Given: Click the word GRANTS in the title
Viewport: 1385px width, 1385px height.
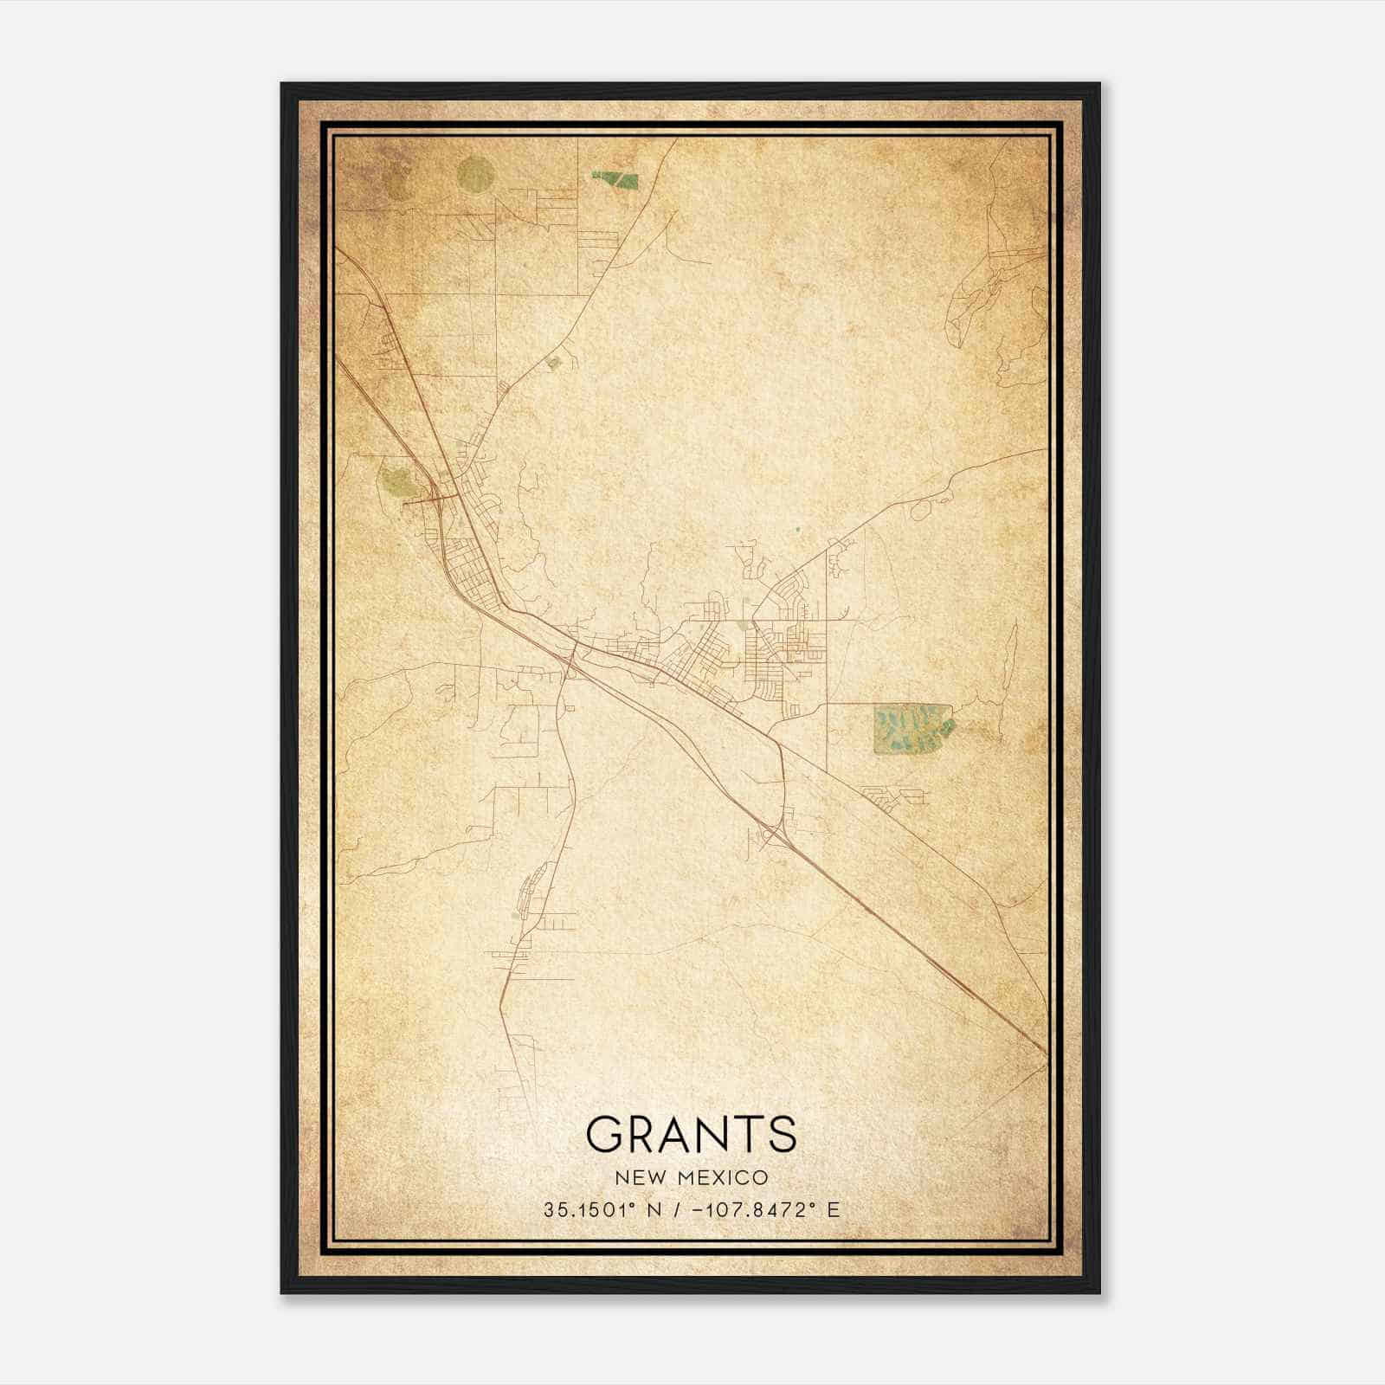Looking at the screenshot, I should tap(691, 1133).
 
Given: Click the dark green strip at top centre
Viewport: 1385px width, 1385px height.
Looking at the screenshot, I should tap(615, 179).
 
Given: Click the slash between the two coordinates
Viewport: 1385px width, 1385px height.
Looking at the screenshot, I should tap(681, 1210).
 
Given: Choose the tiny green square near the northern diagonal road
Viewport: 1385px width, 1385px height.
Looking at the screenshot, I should tap(554, 364).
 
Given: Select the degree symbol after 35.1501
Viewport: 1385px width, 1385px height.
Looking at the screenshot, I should tap(641, 1205).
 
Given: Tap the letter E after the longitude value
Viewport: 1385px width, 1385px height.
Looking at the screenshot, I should tap(834, 1210).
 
